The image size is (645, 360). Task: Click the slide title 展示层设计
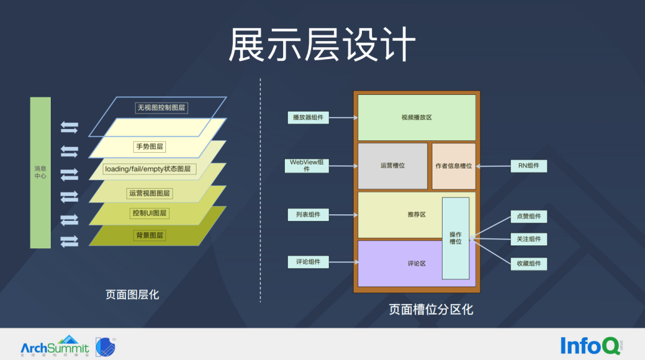coord(322,45)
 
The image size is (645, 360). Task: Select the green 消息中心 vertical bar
coord(40,173)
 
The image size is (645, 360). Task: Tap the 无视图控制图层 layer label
coord(161,108)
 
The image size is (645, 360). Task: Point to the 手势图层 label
coord(149,146)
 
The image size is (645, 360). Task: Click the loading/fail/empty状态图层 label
coord(149,169)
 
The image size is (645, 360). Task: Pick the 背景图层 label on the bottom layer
coord(149,235)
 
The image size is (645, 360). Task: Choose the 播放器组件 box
coord(308,118)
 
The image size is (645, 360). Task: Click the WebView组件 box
coord(307,165)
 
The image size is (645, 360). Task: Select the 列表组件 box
coord(308,214)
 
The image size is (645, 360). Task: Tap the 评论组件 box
coord(308,261)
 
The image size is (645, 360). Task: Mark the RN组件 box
coord(529,165)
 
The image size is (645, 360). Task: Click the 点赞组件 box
coord(529,216)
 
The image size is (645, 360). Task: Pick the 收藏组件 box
coord(529,263)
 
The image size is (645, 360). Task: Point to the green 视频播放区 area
coord(416,118)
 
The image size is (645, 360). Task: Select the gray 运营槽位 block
coord(392,165)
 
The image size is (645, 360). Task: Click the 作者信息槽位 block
coord(454,165)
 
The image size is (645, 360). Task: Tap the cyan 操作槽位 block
coord(456,238)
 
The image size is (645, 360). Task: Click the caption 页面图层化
coord(133,294)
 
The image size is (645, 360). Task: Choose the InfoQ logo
coord(588,345)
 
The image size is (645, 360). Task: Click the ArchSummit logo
coord(54,346)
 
